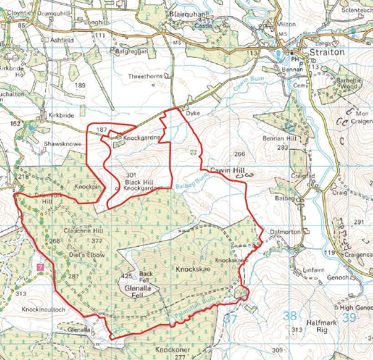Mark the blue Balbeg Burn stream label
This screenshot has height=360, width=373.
click(191, 184)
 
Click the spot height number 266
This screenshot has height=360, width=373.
click(240, 154)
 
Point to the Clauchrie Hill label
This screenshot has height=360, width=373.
click(83, 231)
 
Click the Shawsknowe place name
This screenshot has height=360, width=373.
click(62, 144)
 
